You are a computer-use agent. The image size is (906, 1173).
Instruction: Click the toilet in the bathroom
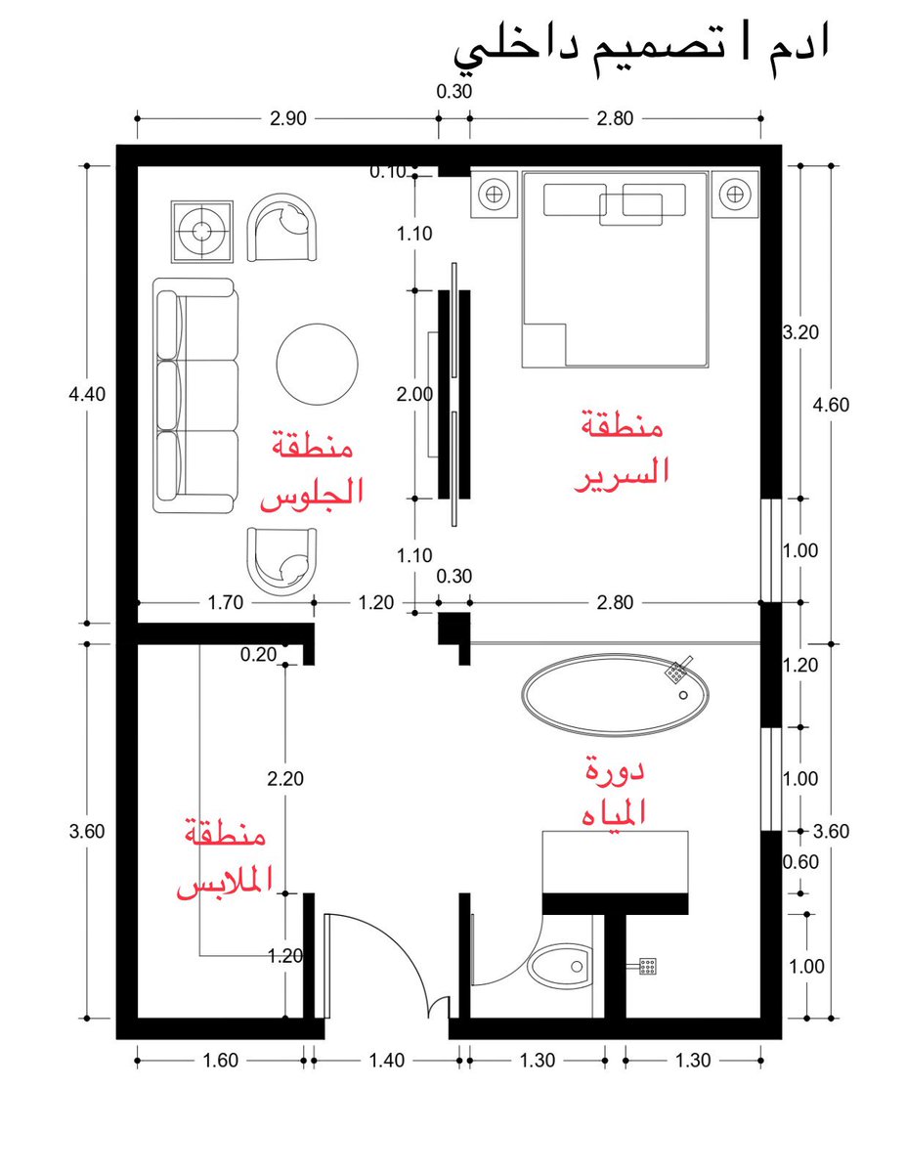(559, 966)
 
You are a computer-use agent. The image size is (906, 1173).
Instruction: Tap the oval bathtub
(615, 695)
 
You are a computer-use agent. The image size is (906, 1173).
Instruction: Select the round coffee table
(318, 365)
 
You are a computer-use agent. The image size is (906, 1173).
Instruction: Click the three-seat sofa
(195, 395)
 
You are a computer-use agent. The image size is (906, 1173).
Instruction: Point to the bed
(615, 270)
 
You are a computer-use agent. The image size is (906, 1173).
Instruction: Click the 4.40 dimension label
(87, 395)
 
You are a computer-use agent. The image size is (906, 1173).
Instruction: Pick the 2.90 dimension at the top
(288, 118)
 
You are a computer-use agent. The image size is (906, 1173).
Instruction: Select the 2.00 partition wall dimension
(414, 395)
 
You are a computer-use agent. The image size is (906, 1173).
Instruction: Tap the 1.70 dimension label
(226, 602)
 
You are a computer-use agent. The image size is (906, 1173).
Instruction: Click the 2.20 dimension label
(285, 779)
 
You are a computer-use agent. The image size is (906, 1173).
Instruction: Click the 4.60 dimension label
(831, 405)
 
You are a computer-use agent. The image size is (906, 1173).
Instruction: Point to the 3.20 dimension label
(800, 332)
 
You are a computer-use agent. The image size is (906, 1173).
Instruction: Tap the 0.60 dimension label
(800, 862)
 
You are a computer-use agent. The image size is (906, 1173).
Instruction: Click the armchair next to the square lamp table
(282, 228)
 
